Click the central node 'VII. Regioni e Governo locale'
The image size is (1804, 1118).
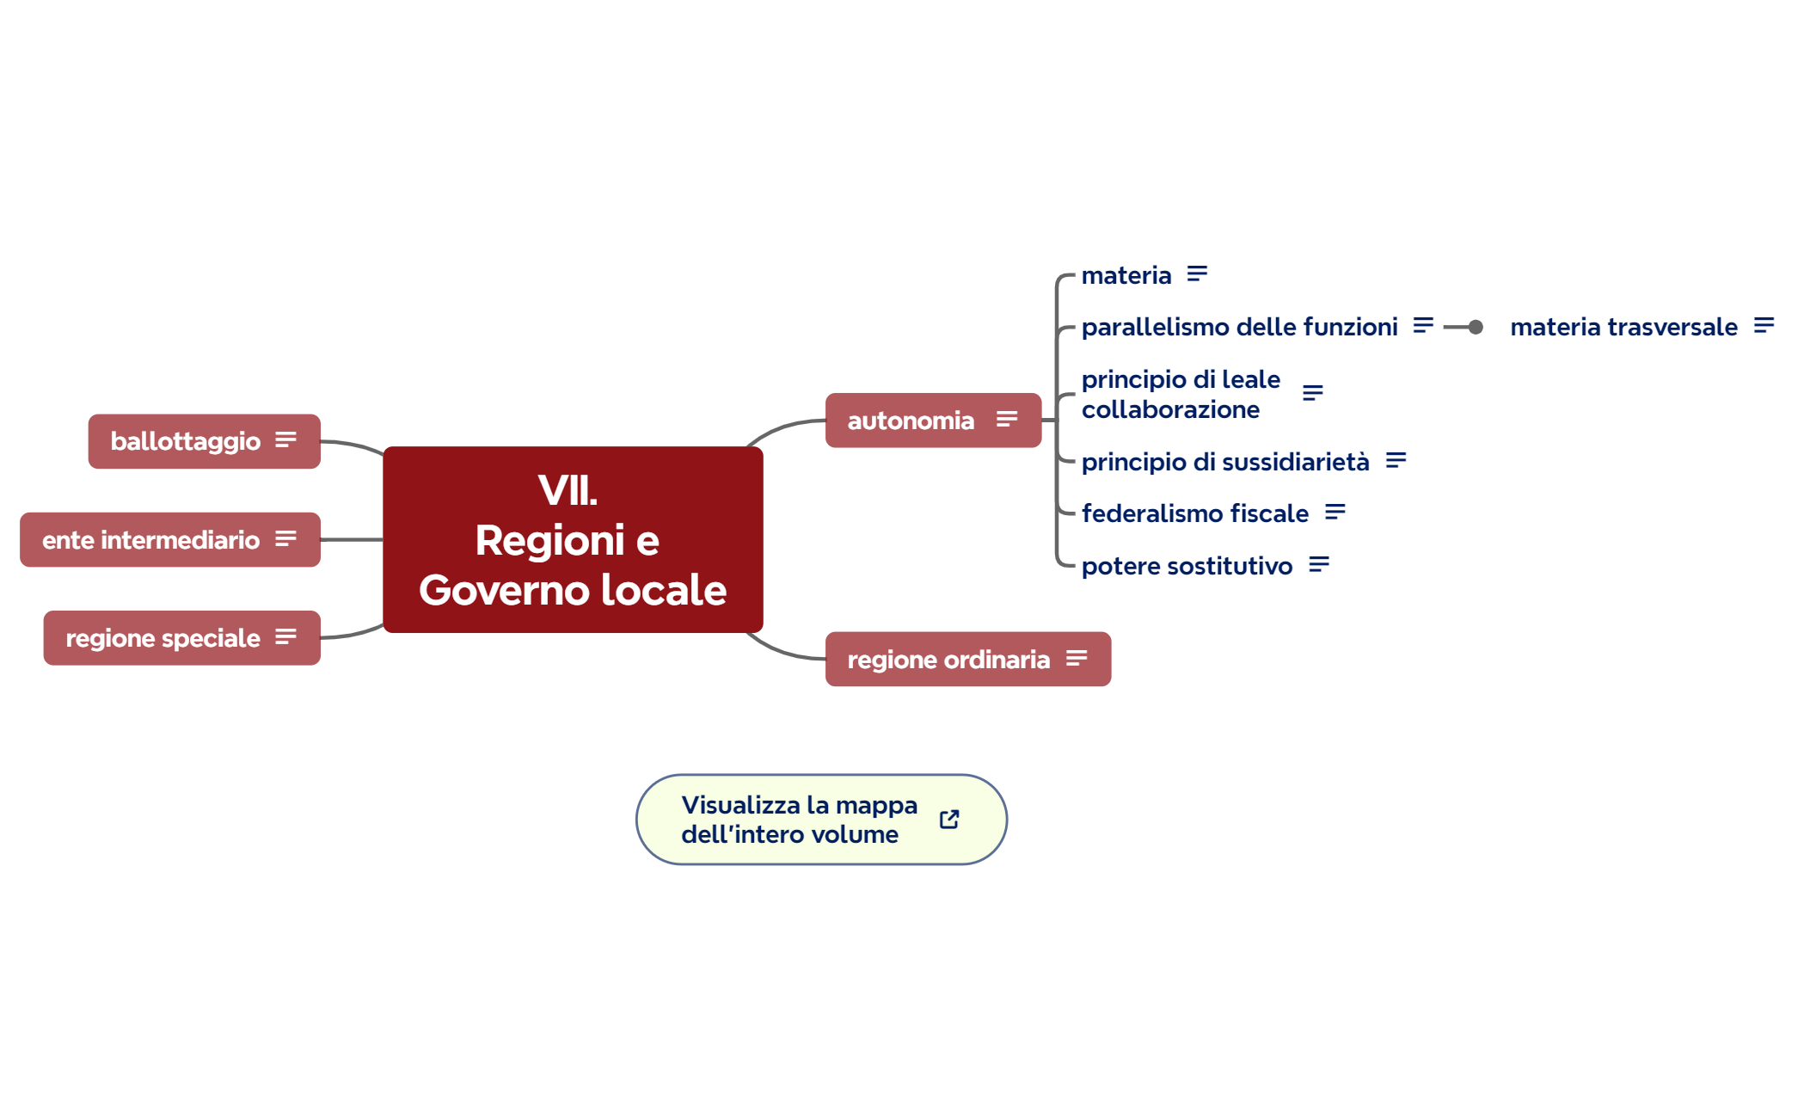(x=573, y=539)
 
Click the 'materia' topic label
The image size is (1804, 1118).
(x=1126, y=275)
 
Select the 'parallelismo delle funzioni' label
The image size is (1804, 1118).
(x=1239, y=327)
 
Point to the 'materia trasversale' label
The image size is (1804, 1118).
(x=1623, y=327)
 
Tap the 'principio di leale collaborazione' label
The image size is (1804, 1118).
(x=1180, y=394)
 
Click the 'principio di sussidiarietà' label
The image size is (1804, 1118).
(x=1224, y=462)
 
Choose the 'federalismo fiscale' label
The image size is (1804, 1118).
(x=1194, y=513)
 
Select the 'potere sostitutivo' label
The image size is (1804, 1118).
(x=1187, y=566)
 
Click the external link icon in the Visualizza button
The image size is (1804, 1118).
(x=949, y=820)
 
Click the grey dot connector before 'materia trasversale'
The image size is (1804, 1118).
(x=1476, y=327)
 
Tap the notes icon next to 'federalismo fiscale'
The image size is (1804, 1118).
(x=1335, y=513)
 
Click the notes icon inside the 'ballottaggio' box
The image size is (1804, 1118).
(x=285, y=440)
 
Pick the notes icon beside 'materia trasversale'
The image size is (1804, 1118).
(x=1764, y=326)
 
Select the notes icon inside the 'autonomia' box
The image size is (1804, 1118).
(x=1007, y=420)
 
